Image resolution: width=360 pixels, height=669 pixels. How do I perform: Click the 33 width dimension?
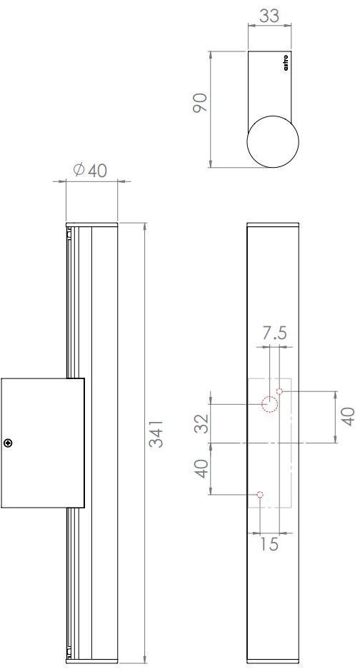269,16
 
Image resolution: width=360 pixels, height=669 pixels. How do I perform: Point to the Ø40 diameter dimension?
90,170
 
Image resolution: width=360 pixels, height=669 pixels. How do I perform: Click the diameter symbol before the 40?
79,170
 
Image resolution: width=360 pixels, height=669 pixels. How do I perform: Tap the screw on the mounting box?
9,443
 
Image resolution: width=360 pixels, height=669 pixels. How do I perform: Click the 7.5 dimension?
275,333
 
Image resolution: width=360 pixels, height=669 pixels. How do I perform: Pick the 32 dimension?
202,423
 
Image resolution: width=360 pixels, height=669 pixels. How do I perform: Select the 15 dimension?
269,544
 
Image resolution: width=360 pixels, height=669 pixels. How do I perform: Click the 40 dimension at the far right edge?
348,416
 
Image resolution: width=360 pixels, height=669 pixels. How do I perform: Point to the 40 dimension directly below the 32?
202,469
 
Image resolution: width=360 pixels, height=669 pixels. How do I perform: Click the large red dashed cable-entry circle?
269,405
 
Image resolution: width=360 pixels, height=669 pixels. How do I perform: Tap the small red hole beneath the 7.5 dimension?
280,391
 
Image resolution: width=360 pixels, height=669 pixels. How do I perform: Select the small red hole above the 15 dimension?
260,494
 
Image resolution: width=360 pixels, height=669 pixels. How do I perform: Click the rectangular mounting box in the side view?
42,443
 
